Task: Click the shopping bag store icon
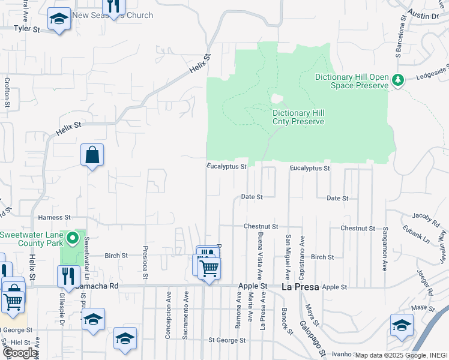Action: click(x=92, y=155)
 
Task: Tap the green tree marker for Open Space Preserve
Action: click(x=397, y=80)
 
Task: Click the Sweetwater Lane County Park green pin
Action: click(x=73, y=239)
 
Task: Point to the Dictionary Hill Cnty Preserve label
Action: click(x=298, y=117)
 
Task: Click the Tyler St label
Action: click(x=26, y=28)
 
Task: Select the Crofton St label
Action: click(x=7, y=92)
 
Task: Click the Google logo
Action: click(x=20, y=352)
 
